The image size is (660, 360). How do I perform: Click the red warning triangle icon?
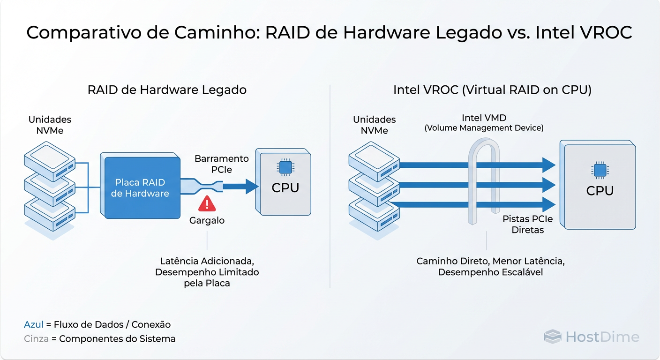tap(207, 204)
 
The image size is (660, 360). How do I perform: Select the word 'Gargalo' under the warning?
tap(207, 220)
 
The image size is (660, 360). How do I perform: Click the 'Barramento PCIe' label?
tap(222, 164)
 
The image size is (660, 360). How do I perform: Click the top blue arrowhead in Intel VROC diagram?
tap(548, 165)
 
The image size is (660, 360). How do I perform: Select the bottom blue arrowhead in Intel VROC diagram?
tap(548, 204)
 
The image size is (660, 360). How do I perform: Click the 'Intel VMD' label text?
tap(484, 117)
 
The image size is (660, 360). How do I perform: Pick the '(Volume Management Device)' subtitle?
tap(484, 128)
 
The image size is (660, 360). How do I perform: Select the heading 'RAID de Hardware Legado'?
tap(167, 90)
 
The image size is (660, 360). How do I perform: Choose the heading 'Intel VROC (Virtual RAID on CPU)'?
tap(492, 90)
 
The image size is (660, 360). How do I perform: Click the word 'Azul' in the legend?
tap(34, 324)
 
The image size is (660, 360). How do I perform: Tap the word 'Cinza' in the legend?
tap(36, 338)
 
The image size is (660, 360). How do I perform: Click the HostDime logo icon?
tap(553, 337)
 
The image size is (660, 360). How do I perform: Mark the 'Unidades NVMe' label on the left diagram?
tap(50, 125)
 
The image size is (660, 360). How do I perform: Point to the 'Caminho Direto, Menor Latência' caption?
tap(490, 261)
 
